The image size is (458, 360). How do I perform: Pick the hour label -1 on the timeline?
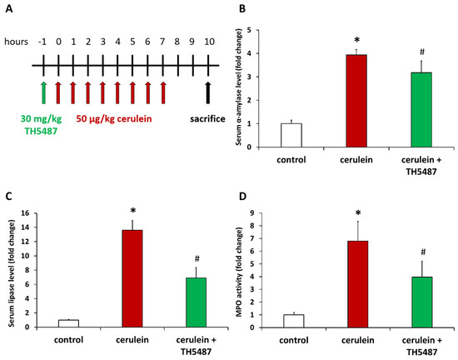(42, 39)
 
